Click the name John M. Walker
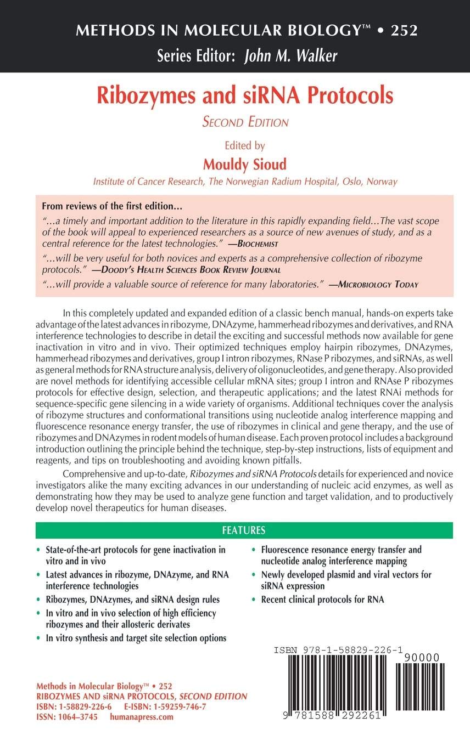tap(290, 56)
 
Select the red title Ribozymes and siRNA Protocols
tap(245, 95)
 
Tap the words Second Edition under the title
tap(245, 122)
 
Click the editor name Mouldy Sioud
tap(245, 165)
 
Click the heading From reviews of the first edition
tap(112, 208)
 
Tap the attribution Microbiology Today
tap(377, 284)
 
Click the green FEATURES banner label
tap(244, 530)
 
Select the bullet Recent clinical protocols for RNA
tap(322, 600)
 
